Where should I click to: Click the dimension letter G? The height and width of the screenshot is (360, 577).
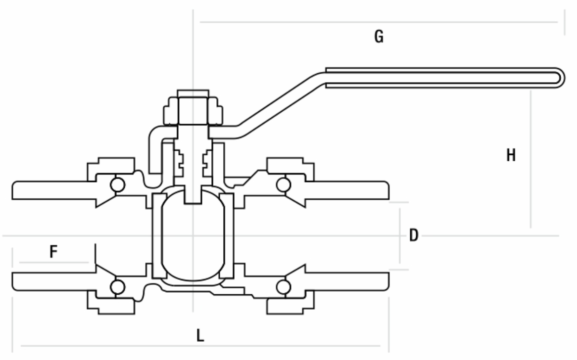pos(379,37)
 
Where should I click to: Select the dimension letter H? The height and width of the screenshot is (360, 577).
pos(511,155)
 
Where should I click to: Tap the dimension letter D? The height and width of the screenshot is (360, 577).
pos(414,235)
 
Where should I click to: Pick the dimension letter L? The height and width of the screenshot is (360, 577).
pos(199,336)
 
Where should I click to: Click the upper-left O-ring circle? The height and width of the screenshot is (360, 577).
pos(118,185)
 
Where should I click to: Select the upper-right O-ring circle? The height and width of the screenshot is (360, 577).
pos(283,185)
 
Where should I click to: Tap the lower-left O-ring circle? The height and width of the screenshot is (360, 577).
pos(118,287)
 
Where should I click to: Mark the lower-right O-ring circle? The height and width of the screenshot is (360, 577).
pos(283,287)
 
